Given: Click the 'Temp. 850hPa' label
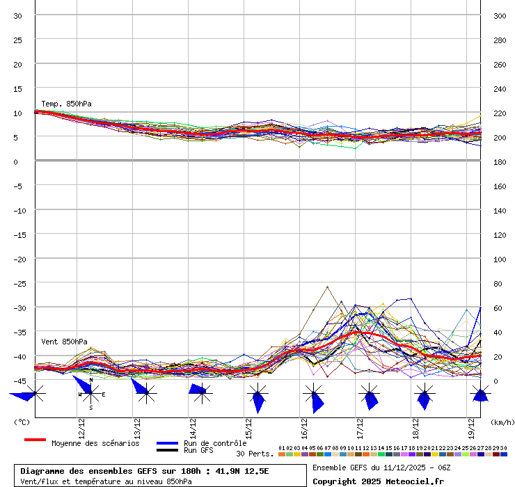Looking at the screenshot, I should [66, 104].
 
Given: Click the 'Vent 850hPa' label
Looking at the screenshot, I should [64, 342].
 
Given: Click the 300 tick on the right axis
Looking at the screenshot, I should [499, 15].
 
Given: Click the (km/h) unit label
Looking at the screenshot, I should [501, 422].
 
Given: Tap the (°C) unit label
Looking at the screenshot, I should [22, 422].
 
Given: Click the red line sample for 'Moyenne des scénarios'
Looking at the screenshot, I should [35, 440].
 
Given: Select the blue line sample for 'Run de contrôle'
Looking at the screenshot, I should [167, 443].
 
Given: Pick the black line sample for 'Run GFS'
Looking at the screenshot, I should [167, 450].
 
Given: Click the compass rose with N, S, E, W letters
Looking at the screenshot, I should [90, 394].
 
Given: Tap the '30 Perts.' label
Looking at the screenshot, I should [255, 454].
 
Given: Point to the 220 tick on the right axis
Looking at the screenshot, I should [499, 113].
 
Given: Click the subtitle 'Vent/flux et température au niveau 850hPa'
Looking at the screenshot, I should [106, 481].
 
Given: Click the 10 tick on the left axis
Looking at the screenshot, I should [18, 113].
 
